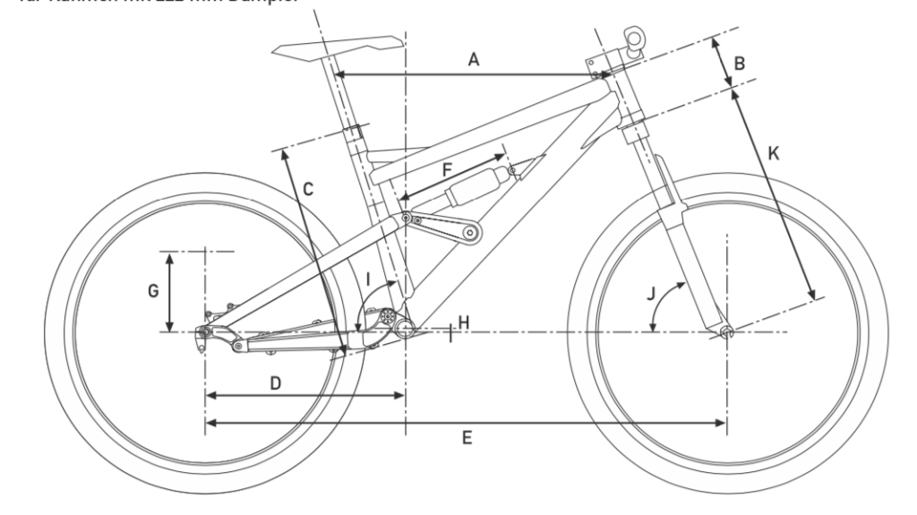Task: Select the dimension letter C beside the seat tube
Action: point(307,189)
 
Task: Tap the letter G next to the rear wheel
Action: point(153,290)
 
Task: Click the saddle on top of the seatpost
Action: point(339,46)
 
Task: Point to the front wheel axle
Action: point(726,332)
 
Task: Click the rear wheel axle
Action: point(205,332)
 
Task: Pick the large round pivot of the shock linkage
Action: point(468,235)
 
